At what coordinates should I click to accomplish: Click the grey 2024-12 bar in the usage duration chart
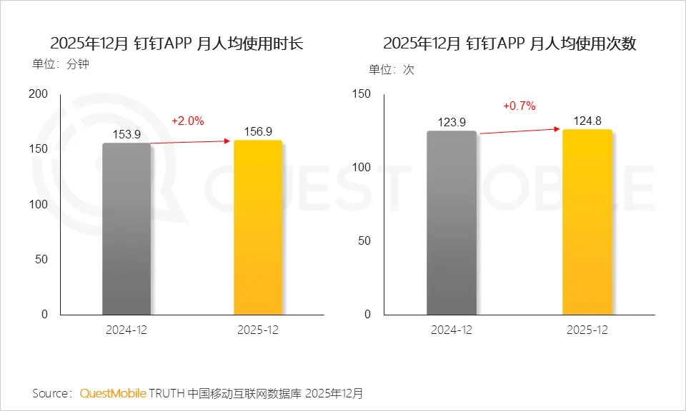pyautogui.click(x=126, y=228)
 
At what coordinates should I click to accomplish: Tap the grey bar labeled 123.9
pyautogui.click(x=451, y=222)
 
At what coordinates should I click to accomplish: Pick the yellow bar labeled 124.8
pyautogui.click(x=587, y=221)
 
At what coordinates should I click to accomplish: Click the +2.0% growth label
pyautogui.click(x=188, y=121)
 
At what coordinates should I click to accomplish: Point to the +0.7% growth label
pyautogui.click(x=520, y=106)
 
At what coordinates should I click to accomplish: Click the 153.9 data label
pyautogui.click(x=126, y=134)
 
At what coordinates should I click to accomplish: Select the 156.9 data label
pyautogui.click(x=258, y=131)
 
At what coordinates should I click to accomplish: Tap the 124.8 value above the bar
pyautogui.click(x=587, y=120)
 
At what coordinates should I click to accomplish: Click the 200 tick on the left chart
pyautogui.click(x=38, y=94)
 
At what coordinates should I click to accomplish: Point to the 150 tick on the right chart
pyautogui.click(x=362, y=94)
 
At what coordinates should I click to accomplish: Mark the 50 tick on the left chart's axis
pyautogui.click(x=41, y=259)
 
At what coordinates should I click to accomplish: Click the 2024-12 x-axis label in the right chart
pyautogui.click(x=451, y=330)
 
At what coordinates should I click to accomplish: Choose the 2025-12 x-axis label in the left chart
pyautogui.click(x=258, y=330)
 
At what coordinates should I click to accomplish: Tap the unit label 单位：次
pyautogui.click(x=391, y=70)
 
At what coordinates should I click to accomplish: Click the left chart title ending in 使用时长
pyautogui.click(x=177, y=44)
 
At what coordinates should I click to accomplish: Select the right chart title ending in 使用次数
pyautogui.click(x=509, y=44)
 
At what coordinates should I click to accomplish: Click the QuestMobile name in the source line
pyautogui.click(x=113, y=393)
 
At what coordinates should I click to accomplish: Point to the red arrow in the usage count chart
pyautogui.click(x=520, y=131)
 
